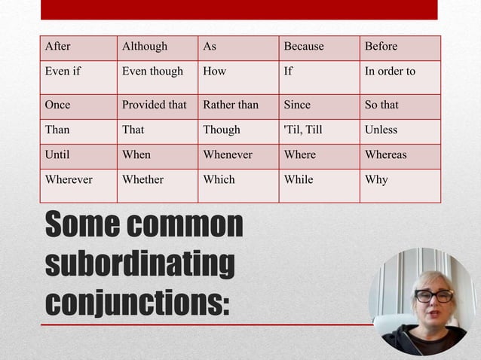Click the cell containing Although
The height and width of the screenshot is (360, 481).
click(x=157, y=47)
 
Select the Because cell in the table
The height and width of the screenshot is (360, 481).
click(x=319, y=47)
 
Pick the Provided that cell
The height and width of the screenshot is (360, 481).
click(x=157, y=105)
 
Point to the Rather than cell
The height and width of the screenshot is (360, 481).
click(x=238, y=105)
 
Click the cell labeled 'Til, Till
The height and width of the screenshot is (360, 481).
click(x=319, y=130)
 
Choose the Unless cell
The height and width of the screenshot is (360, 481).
click(x=400, y=130)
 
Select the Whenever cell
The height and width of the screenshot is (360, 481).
click(x=238, y=155)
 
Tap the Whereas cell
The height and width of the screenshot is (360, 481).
click(x=400, y=155)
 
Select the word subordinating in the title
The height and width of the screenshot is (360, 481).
click(x=139, y=264)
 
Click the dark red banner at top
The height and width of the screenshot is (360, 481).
click(x=239, y=9)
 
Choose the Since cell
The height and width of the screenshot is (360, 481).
click(x=319, y=105)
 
